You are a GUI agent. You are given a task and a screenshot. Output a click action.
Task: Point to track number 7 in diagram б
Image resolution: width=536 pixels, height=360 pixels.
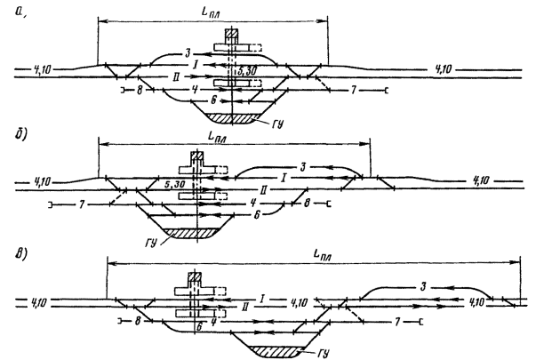pyautogui.click(x=82, y=205)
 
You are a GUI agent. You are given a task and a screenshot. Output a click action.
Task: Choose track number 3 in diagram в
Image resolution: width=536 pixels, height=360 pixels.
pyautogui.click(x=425, y=284)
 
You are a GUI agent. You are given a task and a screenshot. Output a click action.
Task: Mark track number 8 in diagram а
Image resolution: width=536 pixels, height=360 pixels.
pyautogui.click(x=140, y=91)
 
